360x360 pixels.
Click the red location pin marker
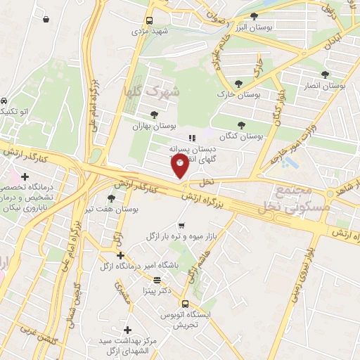coord(180,166)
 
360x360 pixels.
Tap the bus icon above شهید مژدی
coord(149,20)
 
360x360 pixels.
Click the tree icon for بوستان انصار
coord(325,74)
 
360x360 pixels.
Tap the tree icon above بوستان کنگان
coord(241,124)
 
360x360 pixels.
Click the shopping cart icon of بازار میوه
coord(181,226)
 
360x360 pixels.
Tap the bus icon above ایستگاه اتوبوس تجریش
coord(185,304)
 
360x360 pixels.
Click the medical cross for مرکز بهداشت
coord(127,329)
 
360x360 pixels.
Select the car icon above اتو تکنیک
coord(4,101)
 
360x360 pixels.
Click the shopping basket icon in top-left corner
coord(46,19)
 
